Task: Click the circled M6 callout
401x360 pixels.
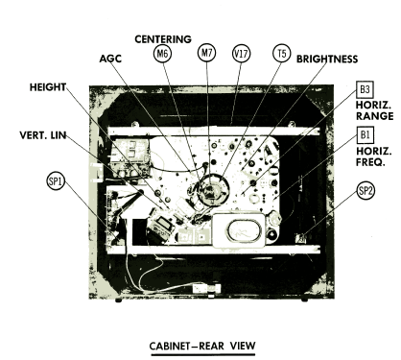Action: coord(162,54)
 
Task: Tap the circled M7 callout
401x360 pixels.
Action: coord(207,52)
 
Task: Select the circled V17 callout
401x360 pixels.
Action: coord(241,53)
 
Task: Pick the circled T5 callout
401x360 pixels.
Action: coord(282,53)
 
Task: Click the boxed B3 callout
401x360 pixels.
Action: coord(365,89)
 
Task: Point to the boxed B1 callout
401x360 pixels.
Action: coord(365,134)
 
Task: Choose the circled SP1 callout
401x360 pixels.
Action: coord(56,181)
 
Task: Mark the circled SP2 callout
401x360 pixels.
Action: coord(366,191)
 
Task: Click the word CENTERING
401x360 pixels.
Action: coord(163,39)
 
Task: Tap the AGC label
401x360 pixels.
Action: coord(110,59)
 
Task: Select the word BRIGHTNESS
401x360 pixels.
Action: coord(327,59)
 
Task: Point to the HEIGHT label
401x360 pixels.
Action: coord(48,87)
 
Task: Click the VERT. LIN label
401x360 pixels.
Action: coord(43,135)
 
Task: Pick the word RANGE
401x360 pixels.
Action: coord(375,116)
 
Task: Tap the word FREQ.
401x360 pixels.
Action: coord(370,162)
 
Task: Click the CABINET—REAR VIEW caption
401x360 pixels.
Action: coord(202,346)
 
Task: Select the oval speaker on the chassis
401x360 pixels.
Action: coord(245,230)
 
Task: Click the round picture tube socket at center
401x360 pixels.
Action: coord(213,191)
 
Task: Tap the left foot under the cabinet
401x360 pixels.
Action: coord(119,300)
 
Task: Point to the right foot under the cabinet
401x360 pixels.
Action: coord(304,300)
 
